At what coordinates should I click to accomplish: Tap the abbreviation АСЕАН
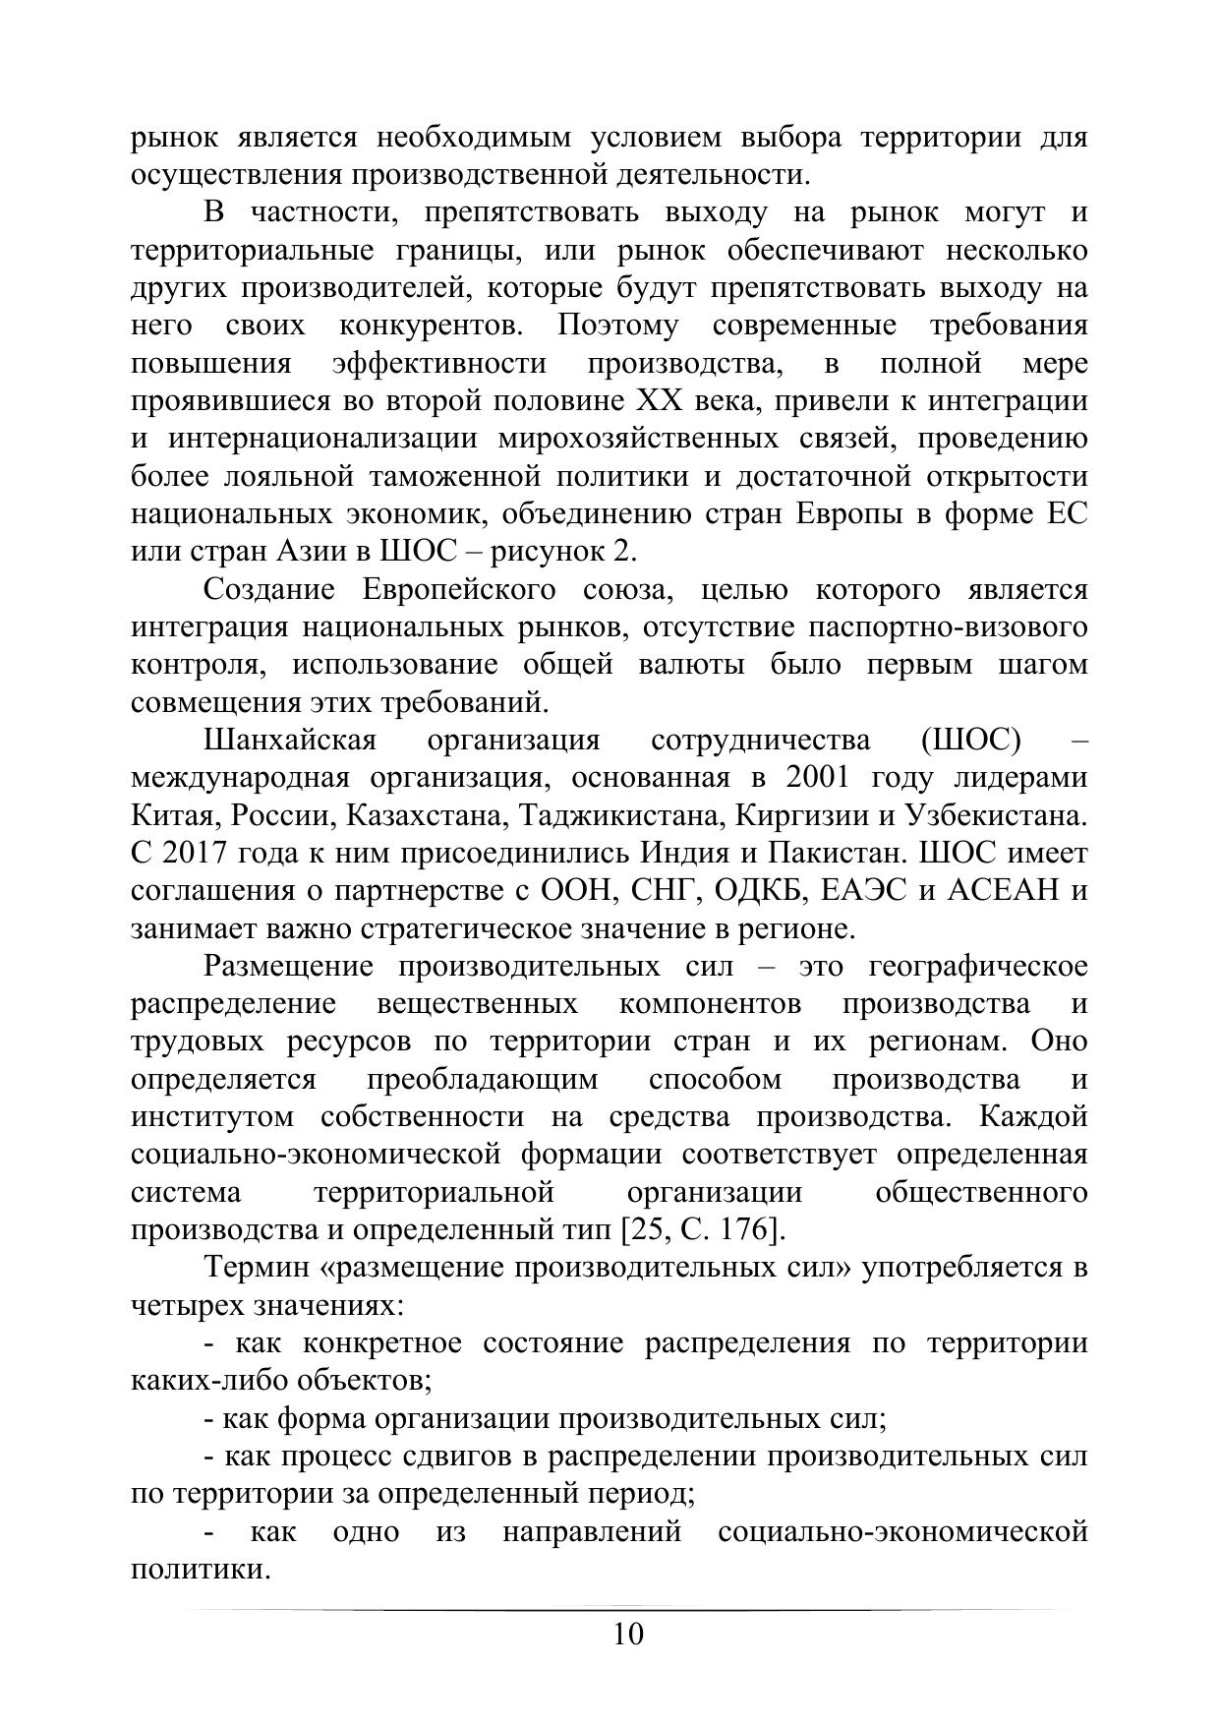click(x=1006, y=891)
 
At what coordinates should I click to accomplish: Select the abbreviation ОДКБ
click(x=757, y=891)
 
